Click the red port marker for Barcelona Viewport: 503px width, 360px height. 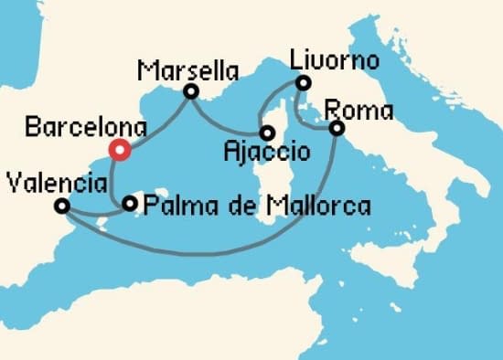(x=117, y=151)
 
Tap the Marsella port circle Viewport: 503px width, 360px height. (x=191, y=91)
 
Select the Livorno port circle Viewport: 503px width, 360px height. (x=303, y=84)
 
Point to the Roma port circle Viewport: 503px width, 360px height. (x=337, y=129)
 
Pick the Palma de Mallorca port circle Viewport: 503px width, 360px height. (x=131, y=204)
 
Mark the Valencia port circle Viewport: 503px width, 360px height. (x=62, y=206)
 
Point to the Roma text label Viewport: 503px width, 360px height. (x=359, y=111)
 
